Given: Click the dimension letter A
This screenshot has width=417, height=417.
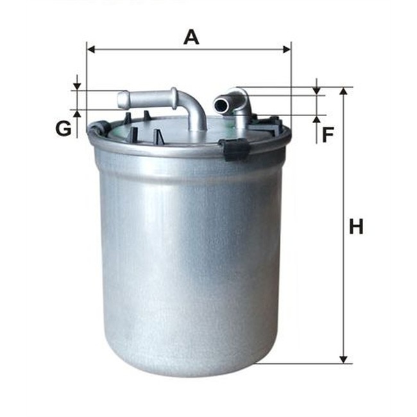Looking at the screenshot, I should click(191, 37).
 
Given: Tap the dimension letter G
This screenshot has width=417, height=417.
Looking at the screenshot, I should click(63, 129).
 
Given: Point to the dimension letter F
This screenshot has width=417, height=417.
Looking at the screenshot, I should click(328, 135).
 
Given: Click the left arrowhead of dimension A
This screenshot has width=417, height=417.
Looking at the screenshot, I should click(90, 49).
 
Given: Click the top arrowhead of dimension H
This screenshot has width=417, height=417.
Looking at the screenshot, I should click(344, 92).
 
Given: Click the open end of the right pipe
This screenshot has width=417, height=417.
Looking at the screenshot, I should click(220, 103).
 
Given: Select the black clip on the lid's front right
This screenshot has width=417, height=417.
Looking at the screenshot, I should click(236, 149).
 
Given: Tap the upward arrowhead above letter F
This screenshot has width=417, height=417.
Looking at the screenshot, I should click(316, 120).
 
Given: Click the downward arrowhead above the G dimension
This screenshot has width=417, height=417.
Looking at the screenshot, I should click(77, 86).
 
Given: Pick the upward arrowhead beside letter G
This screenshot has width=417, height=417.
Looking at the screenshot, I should click(77, 114).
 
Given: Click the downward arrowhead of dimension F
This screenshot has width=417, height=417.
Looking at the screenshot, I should click(316, 90).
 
